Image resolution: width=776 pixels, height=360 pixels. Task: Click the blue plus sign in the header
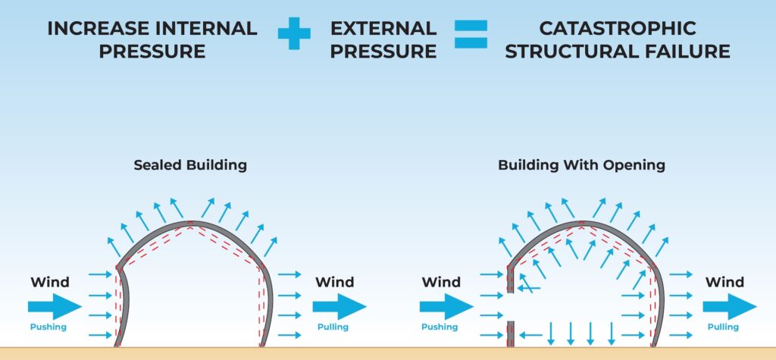point(294,35)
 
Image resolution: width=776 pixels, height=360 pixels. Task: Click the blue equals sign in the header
point(471,35)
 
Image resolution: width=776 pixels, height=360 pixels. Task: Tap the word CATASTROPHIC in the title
point(618,28)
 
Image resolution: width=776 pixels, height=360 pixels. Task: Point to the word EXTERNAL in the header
point(383,28)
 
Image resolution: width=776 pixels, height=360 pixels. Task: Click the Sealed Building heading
point(190,164)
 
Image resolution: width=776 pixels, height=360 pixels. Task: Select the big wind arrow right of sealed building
point(339,306)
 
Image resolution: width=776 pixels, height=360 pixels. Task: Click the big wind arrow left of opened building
point(446,306)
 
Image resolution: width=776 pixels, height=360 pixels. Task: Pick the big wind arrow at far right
point(730,306)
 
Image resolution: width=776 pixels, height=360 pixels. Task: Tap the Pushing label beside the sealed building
point(48,327)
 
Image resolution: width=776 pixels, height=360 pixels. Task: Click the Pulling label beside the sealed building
point(333,327)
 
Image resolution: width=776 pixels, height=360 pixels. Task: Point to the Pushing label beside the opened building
point(440,327)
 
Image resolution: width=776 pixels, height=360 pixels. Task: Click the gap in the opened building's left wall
point(511,306)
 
